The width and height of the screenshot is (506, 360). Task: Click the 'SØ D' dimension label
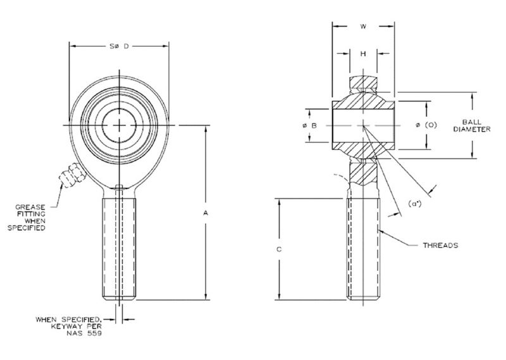click(x=119, y=46)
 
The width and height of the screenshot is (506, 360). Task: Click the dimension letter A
click(x=205, y=213)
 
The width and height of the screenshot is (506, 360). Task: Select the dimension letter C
click(x=279, y=249)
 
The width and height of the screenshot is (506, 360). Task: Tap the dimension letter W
click(x=364, y=27)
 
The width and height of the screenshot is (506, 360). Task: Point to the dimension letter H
click(x=363, y=54)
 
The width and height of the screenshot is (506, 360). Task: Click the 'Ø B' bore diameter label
click(x=309, y=125)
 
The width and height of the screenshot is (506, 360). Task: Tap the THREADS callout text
click(x=440, y=245)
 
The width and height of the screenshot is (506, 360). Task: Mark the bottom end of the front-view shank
click(x=119, y=297)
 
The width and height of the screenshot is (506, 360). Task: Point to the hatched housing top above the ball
click(x=364, y=82)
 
